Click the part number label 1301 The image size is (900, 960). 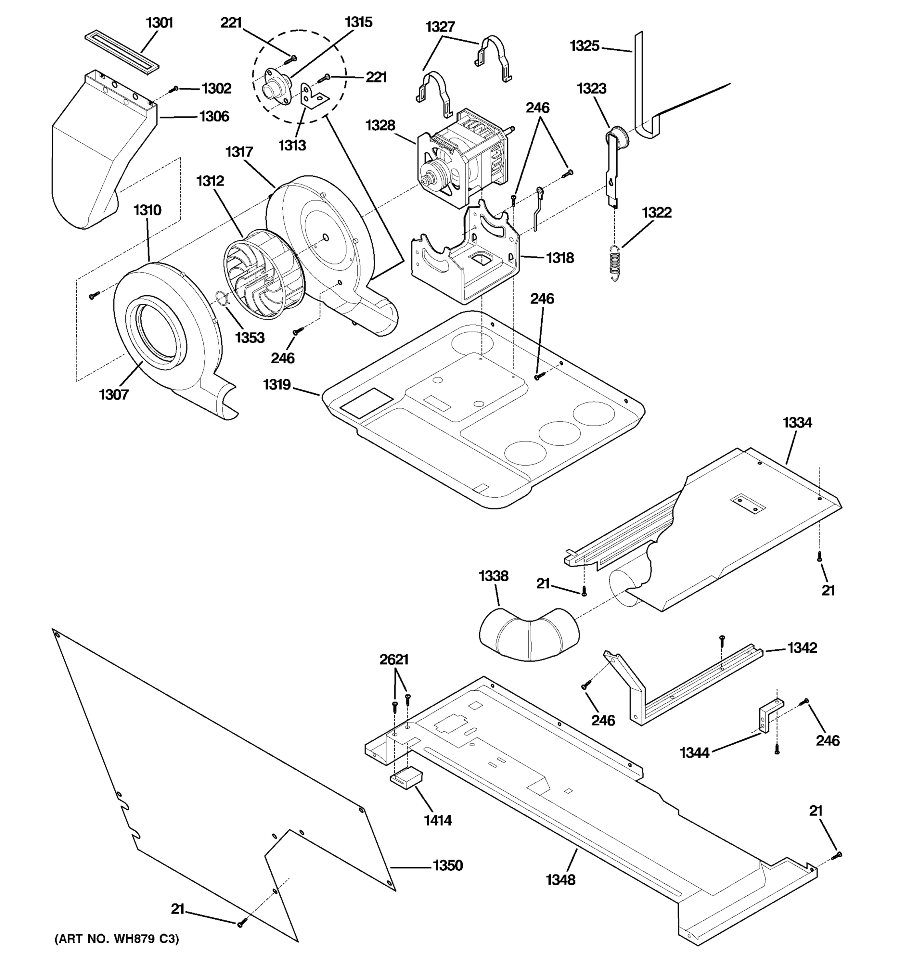tap(159, 23)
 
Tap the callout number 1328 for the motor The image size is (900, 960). tap(380, 126)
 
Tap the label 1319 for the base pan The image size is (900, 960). tap(277, 385)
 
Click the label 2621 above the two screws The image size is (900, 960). tap(394, 660)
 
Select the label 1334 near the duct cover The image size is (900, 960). tap(797, 423)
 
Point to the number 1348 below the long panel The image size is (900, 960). tap(560, 880)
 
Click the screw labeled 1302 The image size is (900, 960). tap(175, 89)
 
